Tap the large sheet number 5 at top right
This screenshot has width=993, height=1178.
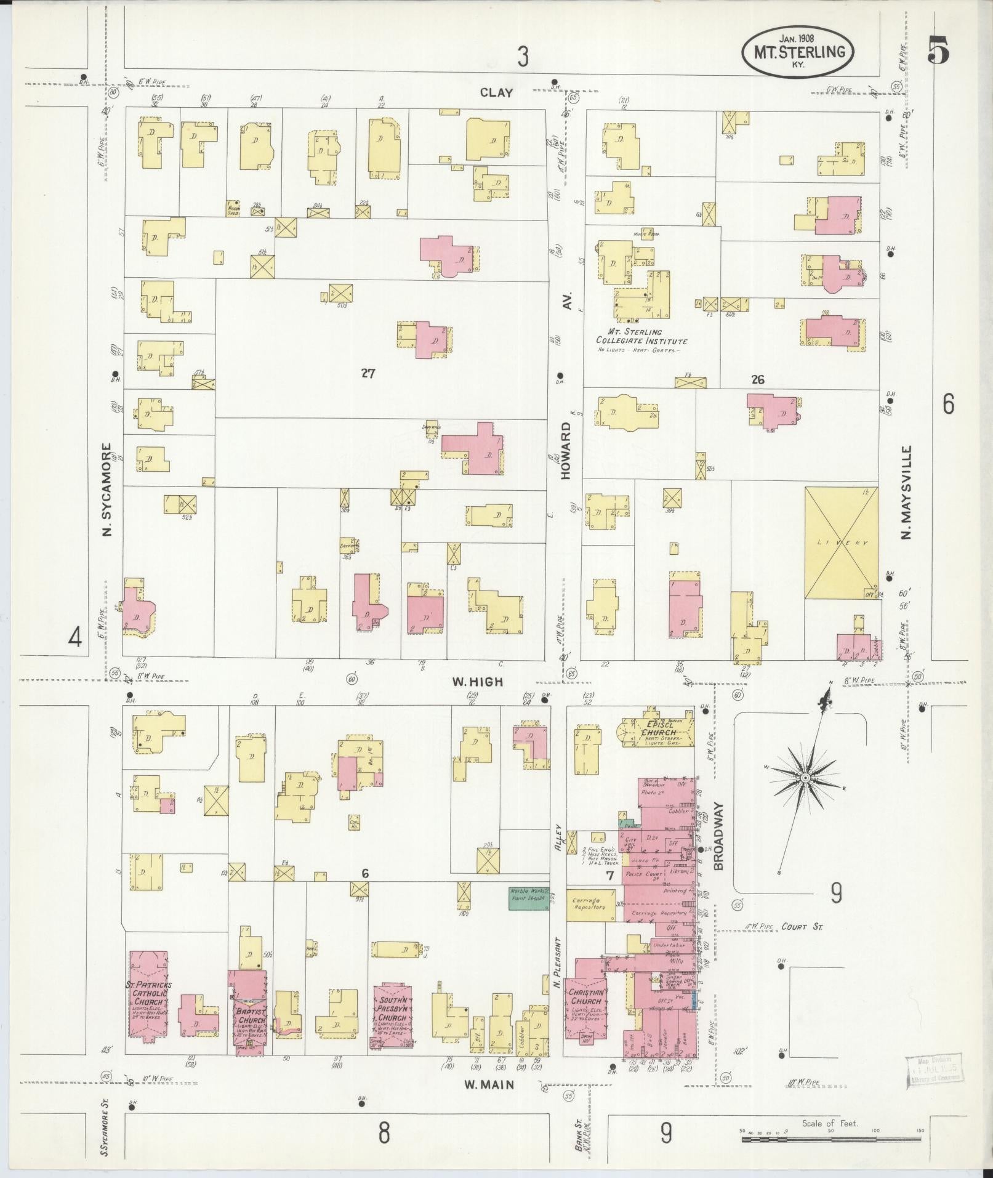coord(938,49)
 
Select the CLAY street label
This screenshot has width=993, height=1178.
coord(496,93)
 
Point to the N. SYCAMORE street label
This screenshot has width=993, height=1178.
coord(107,490)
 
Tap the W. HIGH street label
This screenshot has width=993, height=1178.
coord(478,682)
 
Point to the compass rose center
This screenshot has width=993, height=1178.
coord(805,778)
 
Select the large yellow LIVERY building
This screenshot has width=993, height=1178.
coord(842,543)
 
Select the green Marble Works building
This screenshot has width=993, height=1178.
coord(528,898)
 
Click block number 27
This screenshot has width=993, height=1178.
coord(368,373)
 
